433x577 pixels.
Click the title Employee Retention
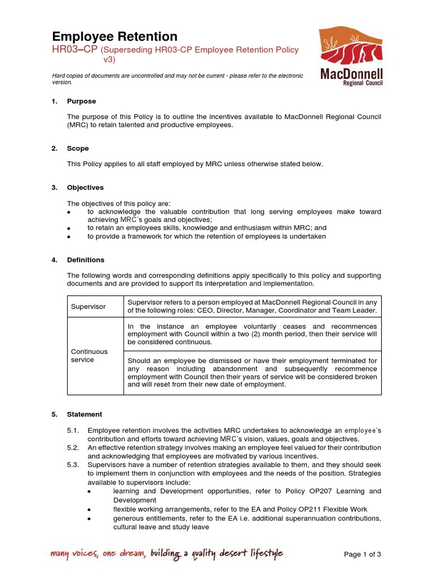pos(114,37)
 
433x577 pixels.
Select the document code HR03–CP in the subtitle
pos(67,50)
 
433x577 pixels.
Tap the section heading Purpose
pos(81,101)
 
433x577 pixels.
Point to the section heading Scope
pos(78,149)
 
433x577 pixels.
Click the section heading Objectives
pos(85,188)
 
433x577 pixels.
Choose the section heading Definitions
pos(86,260)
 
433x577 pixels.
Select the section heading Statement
pos(85,415)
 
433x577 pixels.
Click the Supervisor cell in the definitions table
pos(88,307)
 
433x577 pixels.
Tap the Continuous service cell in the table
pos(89,356)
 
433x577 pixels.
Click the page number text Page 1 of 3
pos(363,554)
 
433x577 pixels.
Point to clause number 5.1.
pos(73,431)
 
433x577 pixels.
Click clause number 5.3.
pos(73,464)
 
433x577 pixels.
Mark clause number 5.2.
pos(73,448)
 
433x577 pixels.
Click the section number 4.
pos(54,260)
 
